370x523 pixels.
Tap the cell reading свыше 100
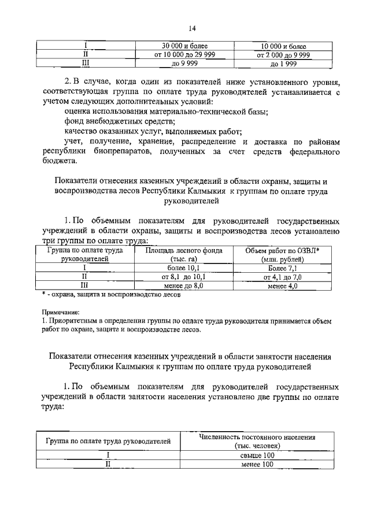pyautogui.click(x=257, y=455)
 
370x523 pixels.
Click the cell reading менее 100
pyautogui.click(x=257, y=464)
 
